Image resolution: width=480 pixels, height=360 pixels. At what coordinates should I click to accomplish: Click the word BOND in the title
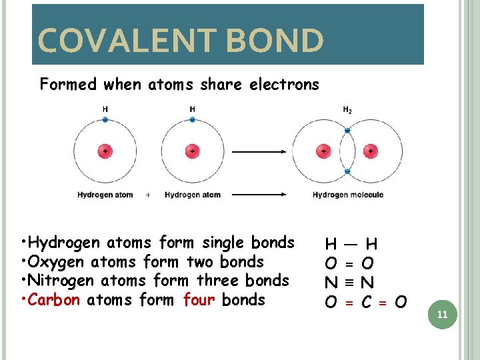[275, 41]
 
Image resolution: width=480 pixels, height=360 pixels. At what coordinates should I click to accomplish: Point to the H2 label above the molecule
[347, 109]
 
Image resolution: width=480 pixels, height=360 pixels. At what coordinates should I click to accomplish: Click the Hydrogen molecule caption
[348, 195]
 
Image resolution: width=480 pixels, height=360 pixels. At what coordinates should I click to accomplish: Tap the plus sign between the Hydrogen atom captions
[147, 195]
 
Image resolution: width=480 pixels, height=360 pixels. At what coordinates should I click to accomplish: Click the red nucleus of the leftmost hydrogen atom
[105, 151]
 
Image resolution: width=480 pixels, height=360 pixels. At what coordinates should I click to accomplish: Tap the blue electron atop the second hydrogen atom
[192, 120]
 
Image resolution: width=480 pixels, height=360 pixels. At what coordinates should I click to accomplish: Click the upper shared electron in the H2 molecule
[347, 131]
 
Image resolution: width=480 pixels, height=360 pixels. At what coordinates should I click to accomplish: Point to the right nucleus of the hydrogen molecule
[371, 151]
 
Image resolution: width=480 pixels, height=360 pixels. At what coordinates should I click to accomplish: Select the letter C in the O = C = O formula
[366, 303]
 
